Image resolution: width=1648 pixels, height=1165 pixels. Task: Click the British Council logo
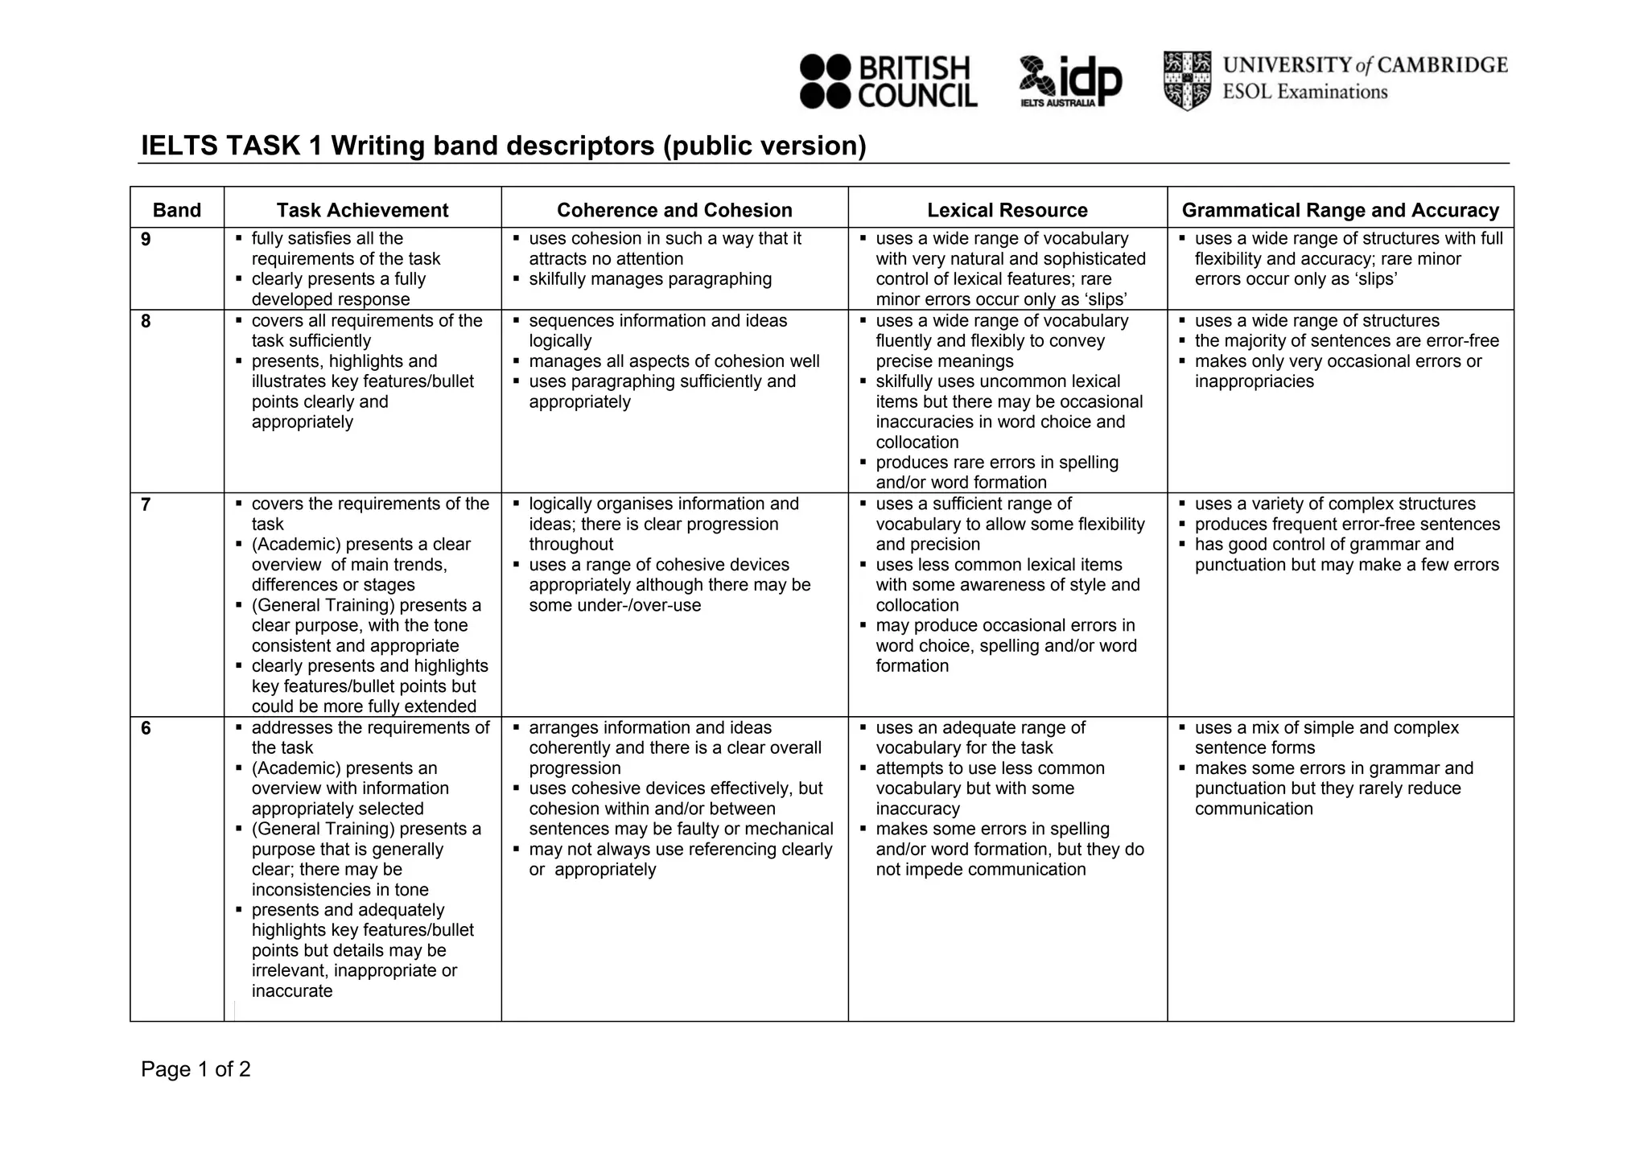pyautogui.click(x=888, y=81)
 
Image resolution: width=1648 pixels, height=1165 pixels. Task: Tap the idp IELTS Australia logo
pyautogui.click(x=1070, y=81)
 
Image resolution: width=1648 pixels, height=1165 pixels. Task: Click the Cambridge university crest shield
pyautogui.click(x=1187, y=80)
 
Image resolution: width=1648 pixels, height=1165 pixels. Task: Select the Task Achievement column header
pyautogui.click(x=362, y=210)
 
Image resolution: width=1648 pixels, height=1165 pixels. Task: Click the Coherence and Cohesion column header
pyautogui.click(x=674, y=210)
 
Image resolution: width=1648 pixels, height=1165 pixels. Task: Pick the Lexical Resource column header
pyautogui.click(x=1007, y=210)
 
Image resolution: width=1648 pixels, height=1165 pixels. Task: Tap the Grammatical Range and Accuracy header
pyautogui.click(x=1340, y=210)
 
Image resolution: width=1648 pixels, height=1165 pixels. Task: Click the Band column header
pyautogui.click(x=177, y=210)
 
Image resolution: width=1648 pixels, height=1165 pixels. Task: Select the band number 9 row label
pyautogui.click(x=146, y=239)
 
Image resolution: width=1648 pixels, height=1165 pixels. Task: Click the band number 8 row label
pyautogui.click(x=146, y=321)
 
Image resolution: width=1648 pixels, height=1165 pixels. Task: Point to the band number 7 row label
pyautogui.click(x=146, y=504)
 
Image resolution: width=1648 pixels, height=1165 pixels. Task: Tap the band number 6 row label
pyautogui.click(x=146, y=728)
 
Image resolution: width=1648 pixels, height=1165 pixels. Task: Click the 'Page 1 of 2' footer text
pyautogui.click(x=196, y=1069)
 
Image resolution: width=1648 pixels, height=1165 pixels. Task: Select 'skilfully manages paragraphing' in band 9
pyautogui.click(x=649, y=279)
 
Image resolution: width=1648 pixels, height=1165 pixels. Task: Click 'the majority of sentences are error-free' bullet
pyautogui.click(x=1346, y=341)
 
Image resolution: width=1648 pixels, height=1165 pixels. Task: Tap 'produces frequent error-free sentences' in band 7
pyautogui.click(x=1347, y=525)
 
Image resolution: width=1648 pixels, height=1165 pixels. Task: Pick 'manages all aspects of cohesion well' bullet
pyautogui.click(x=674, y=361)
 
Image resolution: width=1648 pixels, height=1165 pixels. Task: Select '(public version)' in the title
pyautogui.click(x=764, y=146)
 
